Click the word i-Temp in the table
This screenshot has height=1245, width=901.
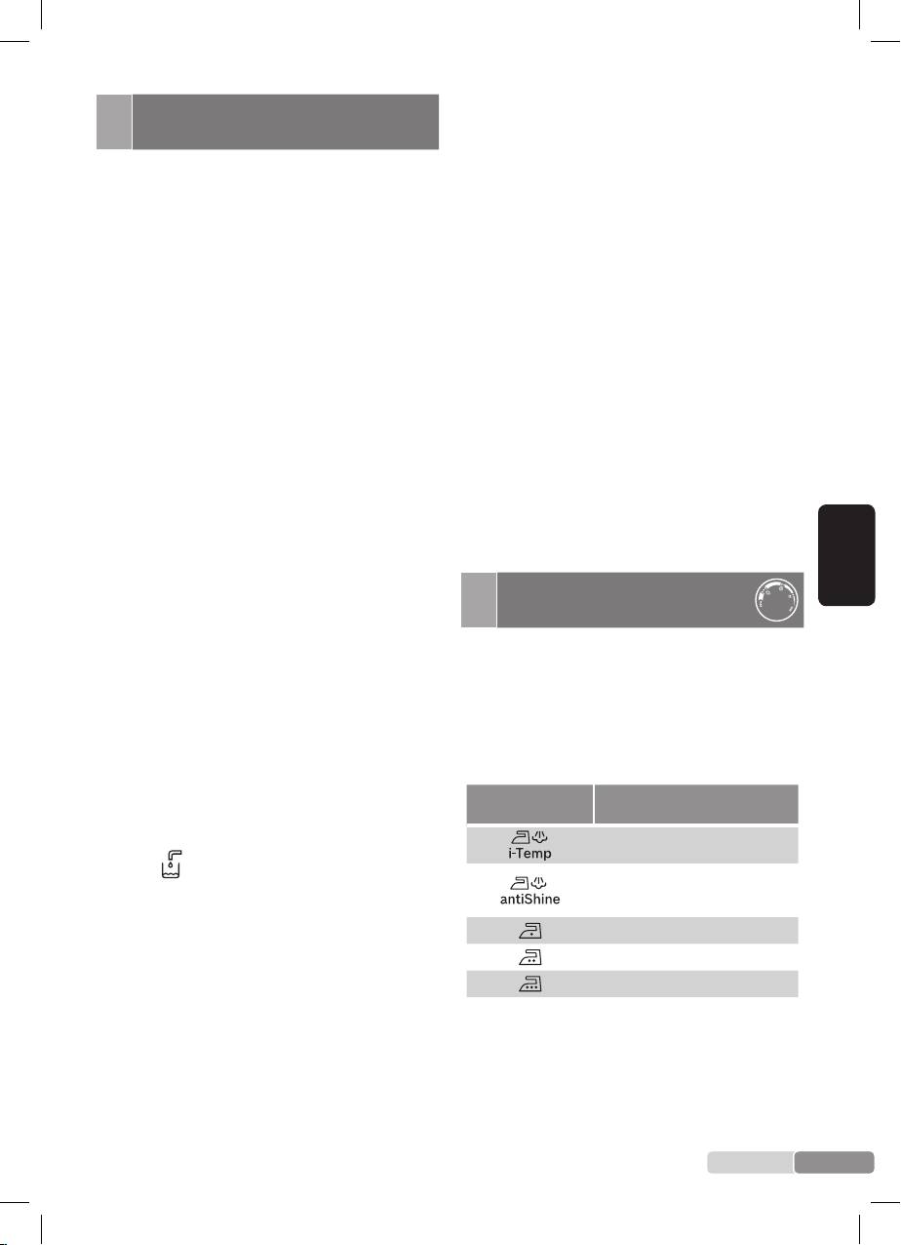(x=529, y=853)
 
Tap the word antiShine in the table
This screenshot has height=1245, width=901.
(x=529, y=899)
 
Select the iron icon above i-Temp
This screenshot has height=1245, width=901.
(x=521, y=836)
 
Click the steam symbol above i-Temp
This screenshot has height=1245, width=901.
(x=540, y=836)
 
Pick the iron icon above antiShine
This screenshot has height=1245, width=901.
(x=520, y=883)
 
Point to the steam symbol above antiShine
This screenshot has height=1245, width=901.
(x=539, y=882)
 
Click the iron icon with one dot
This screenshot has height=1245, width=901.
(x=530, y=931)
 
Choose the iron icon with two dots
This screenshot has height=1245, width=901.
(x=530, y=957)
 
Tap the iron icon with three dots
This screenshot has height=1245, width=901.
(x=530, y=984)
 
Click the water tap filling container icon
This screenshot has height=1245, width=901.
(x=171, y=864)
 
